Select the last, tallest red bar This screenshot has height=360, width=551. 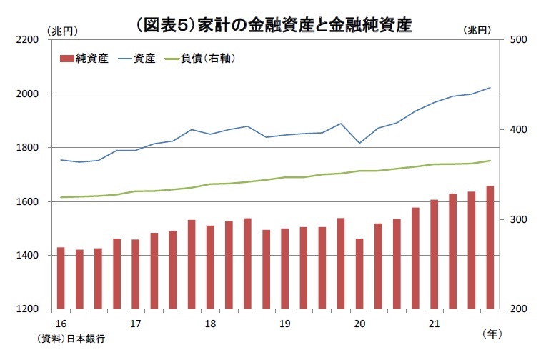click(490, 247)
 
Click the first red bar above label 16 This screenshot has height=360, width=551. click(61, 278)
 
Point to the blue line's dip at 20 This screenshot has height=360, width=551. click(359, 143)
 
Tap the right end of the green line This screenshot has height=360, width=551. click(490, 161)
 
